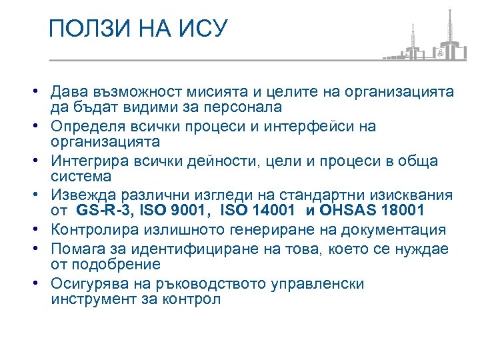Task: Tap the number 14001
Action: click(269, 211)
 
